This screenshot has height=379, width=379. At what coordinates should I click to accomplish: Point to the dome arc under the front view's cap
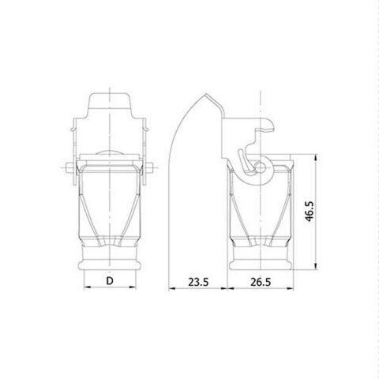tap(111, 152)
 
